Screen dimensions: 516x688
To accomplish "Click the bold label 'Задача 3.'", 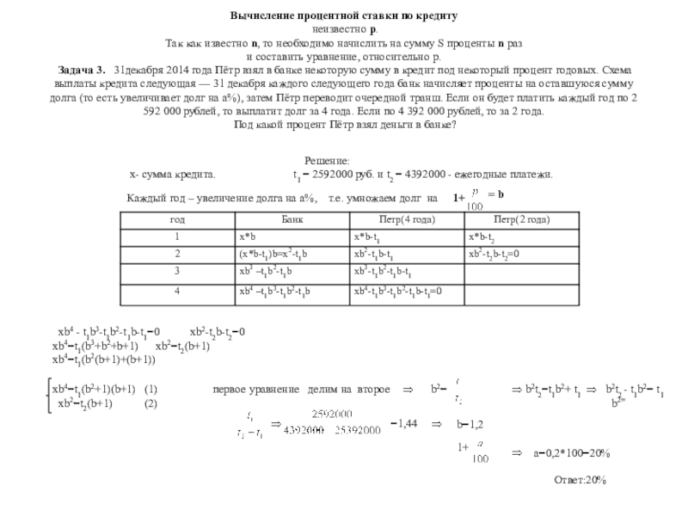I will [83, 69].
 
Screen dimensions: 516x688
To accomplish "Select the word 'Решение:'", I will [328, 162].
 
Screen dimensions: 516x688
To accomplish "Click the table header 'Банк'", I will [292, 219].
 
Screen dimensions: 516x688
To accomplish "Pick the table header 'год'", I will [177, 219].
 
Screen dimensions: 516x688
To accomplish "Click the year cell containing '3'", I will [177, 273].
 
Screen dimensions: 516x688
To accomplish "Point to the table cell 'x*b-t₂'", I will [482, 236].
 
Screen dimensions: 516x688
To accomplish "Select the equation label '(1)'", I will [151, 389].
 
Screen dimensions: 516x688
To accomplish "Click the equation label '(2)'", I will [151, 403].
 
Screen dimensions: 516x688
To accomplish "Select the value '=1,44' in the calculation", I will [403, 425].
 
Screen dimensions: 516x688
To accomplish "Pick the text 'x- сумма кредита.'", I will [172, 175].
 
